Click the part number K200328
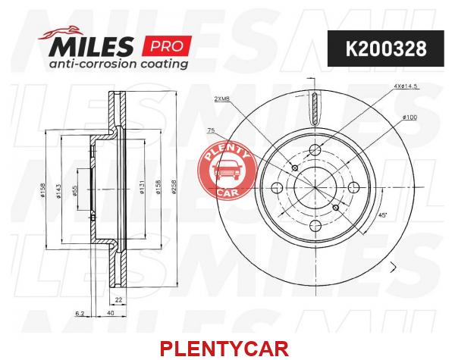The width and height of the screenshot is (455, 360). coord(386,49)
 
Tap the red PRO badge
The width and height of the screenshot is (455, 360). coord(167,45)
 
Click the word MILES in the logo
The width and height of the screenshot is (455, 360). coord(91,46)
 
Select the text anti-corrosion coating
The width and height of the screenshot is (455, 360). coord(118,64)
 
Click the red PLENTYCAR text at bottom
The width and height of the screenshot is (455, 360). coord(224,349)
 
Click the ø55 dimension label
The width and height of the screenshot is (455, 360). coord(74,190)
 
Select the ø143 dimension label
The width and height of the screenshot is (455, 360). coord(58,191)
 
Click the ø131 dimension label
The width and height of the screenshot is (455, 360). coord(142,187)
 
